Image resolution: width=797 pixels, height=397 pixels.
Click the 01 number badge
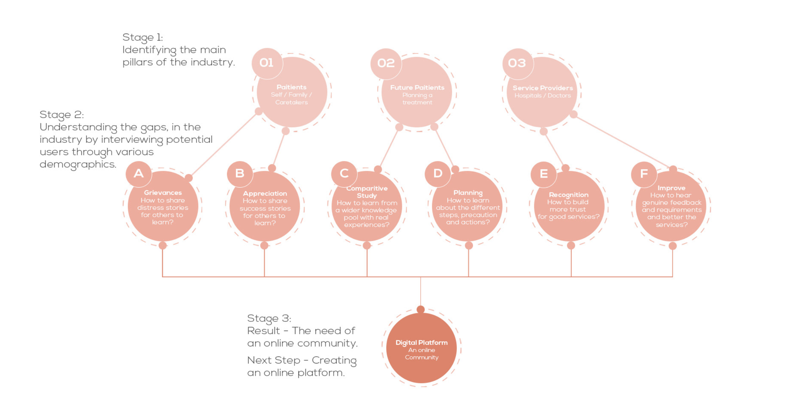pos(267,63)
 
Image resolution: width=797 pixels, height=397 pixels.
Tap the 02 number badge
pos(386,63)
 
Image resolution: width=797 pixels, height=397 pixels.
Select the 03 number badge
pos(517,63)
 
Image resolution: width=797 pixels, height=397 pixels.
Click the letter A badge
pos(139,174)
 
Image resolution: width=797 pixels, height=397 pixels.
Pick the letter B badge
pos(240,174)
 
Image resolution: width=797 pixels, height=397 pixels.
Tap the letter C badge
pos(344,174)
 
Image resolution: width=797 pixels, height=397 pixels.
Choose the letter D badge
pos(438,174)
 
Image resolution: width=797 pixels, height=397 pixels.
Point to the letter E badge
pos(544,174)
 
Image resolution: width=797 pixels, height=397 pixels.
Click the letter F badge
pos(644,174)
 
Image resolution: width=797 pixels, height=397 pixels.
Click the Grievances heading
pos(163,193)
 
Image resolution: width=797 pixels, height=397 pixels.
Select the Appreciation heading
pos(265,193)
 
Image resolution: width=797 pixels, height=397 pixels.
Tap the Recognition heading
pos(569,195)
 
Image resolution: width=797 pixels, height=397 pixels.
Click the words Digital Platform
pos(421,342)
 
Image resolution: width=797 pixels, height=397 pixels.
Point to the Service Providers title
pos(543,88)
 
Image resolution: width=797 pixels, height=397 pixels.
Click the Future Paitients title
pos(417,87)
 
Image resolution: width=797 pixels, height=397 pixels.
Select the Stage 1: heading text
pos(143,37)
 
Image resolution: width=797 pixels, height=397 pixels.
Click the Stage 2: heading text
pos(62,114)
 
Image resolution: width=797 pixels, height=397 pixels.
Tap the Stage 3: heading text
pos(269,318)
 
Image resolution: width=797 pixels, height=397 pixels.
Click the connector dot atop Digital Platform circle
pos(421,310)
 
